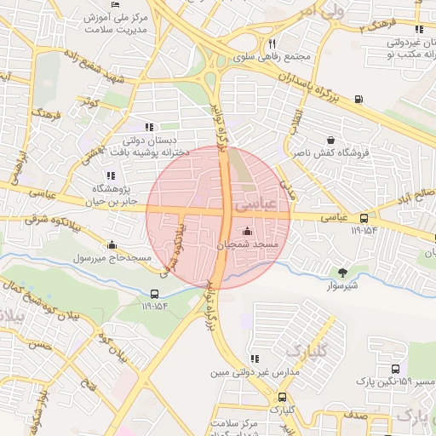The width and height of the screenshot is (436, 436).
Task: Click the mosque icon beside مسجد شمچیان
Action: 248,231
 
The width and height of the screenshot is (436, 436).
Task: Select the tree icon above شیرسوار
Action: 343,272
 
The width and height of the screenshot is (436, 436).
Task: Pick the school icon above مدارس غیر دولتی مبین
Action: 254,359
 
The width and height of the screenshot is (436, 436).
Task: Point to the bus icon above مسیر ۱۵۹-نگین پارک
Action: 395,369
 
